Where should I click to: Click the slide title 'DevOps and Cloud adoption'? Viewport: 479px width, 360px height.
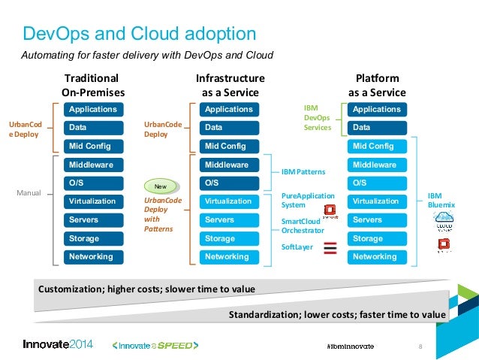pos(139,34)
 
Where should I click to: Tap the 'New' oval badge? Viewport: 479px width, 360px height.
pos(159,185)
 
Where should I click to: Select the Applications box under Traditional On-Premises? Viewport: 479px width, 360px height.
pos(93,110)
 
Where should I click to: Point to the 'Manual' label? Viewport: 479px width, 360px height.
pos(29,194)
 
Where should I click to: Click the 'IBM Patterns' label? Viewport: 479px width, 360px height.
pos(303,172)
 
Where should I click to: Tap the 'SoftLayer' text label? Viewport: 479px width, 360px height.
pos(297,246)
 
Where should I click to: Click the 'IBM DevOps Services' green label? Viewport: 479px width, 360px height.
pos(317,118)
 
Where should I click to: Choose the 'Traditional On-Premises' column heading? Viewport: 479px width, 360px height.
pos(93,85)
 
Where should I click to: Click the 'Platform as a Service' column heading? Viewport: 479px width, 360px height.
pos(377,85)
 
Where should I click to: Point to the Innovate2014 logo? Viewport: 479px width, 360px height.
pos(58,344)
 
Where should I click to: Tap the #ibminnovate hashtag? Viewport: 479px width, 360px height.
pos(350,345)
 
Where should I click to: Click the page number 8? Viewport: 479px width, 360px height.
pos(420,346)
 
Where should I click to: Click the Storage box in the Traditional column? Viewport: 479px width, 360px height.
pos(93,238)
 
